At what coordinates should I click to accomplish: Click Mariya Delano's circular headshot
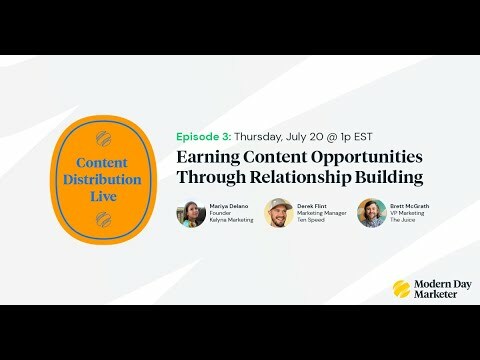click(190, 213)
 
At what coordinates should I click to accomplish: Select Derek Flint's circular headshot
click(279, 213)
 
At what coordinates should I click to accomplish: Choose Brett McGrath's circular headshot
click(371, 213)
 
